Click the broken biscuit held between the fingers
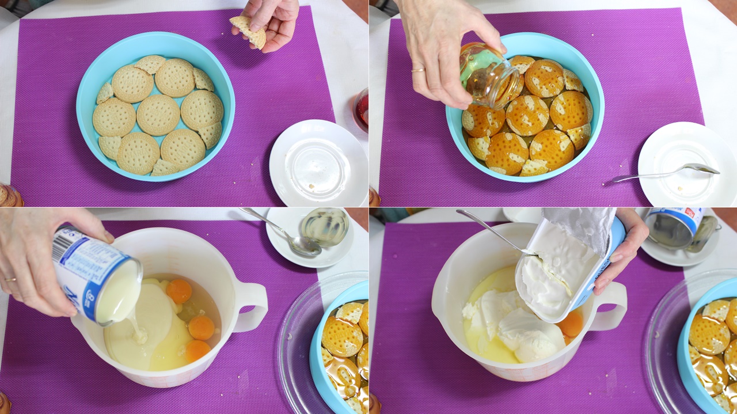(248, 30)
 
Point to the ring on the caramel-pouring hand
(419, 70)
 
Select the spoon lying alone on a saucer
(668, 173)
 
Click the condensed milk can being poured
(94, 275)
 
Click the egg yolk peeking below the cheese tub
(571, 324)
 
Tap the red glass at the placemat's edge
(362, 108)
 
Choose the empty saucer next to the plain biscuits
(318, 163)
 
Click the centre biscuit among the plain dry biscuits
(158, 115)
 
